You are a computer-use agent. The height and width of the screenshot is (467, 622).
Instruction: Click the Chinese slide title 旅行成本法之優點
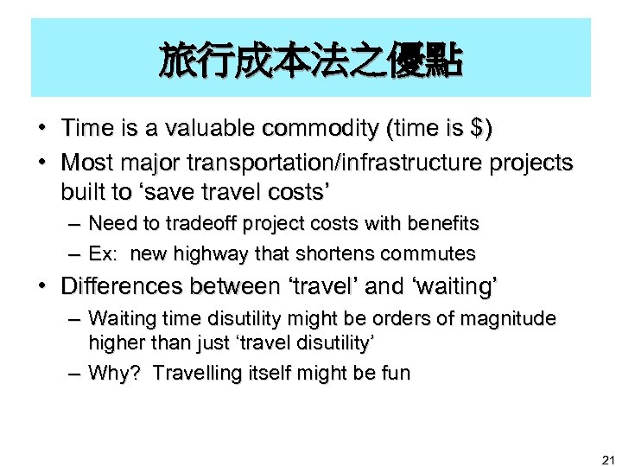[x=311, y=61]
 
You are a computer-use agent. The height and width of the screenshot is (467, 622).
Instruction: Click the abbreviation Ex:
[x=104, y=254]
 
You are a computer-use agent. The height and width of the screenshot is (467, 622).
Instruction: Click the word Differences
[x=124, y=285]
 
